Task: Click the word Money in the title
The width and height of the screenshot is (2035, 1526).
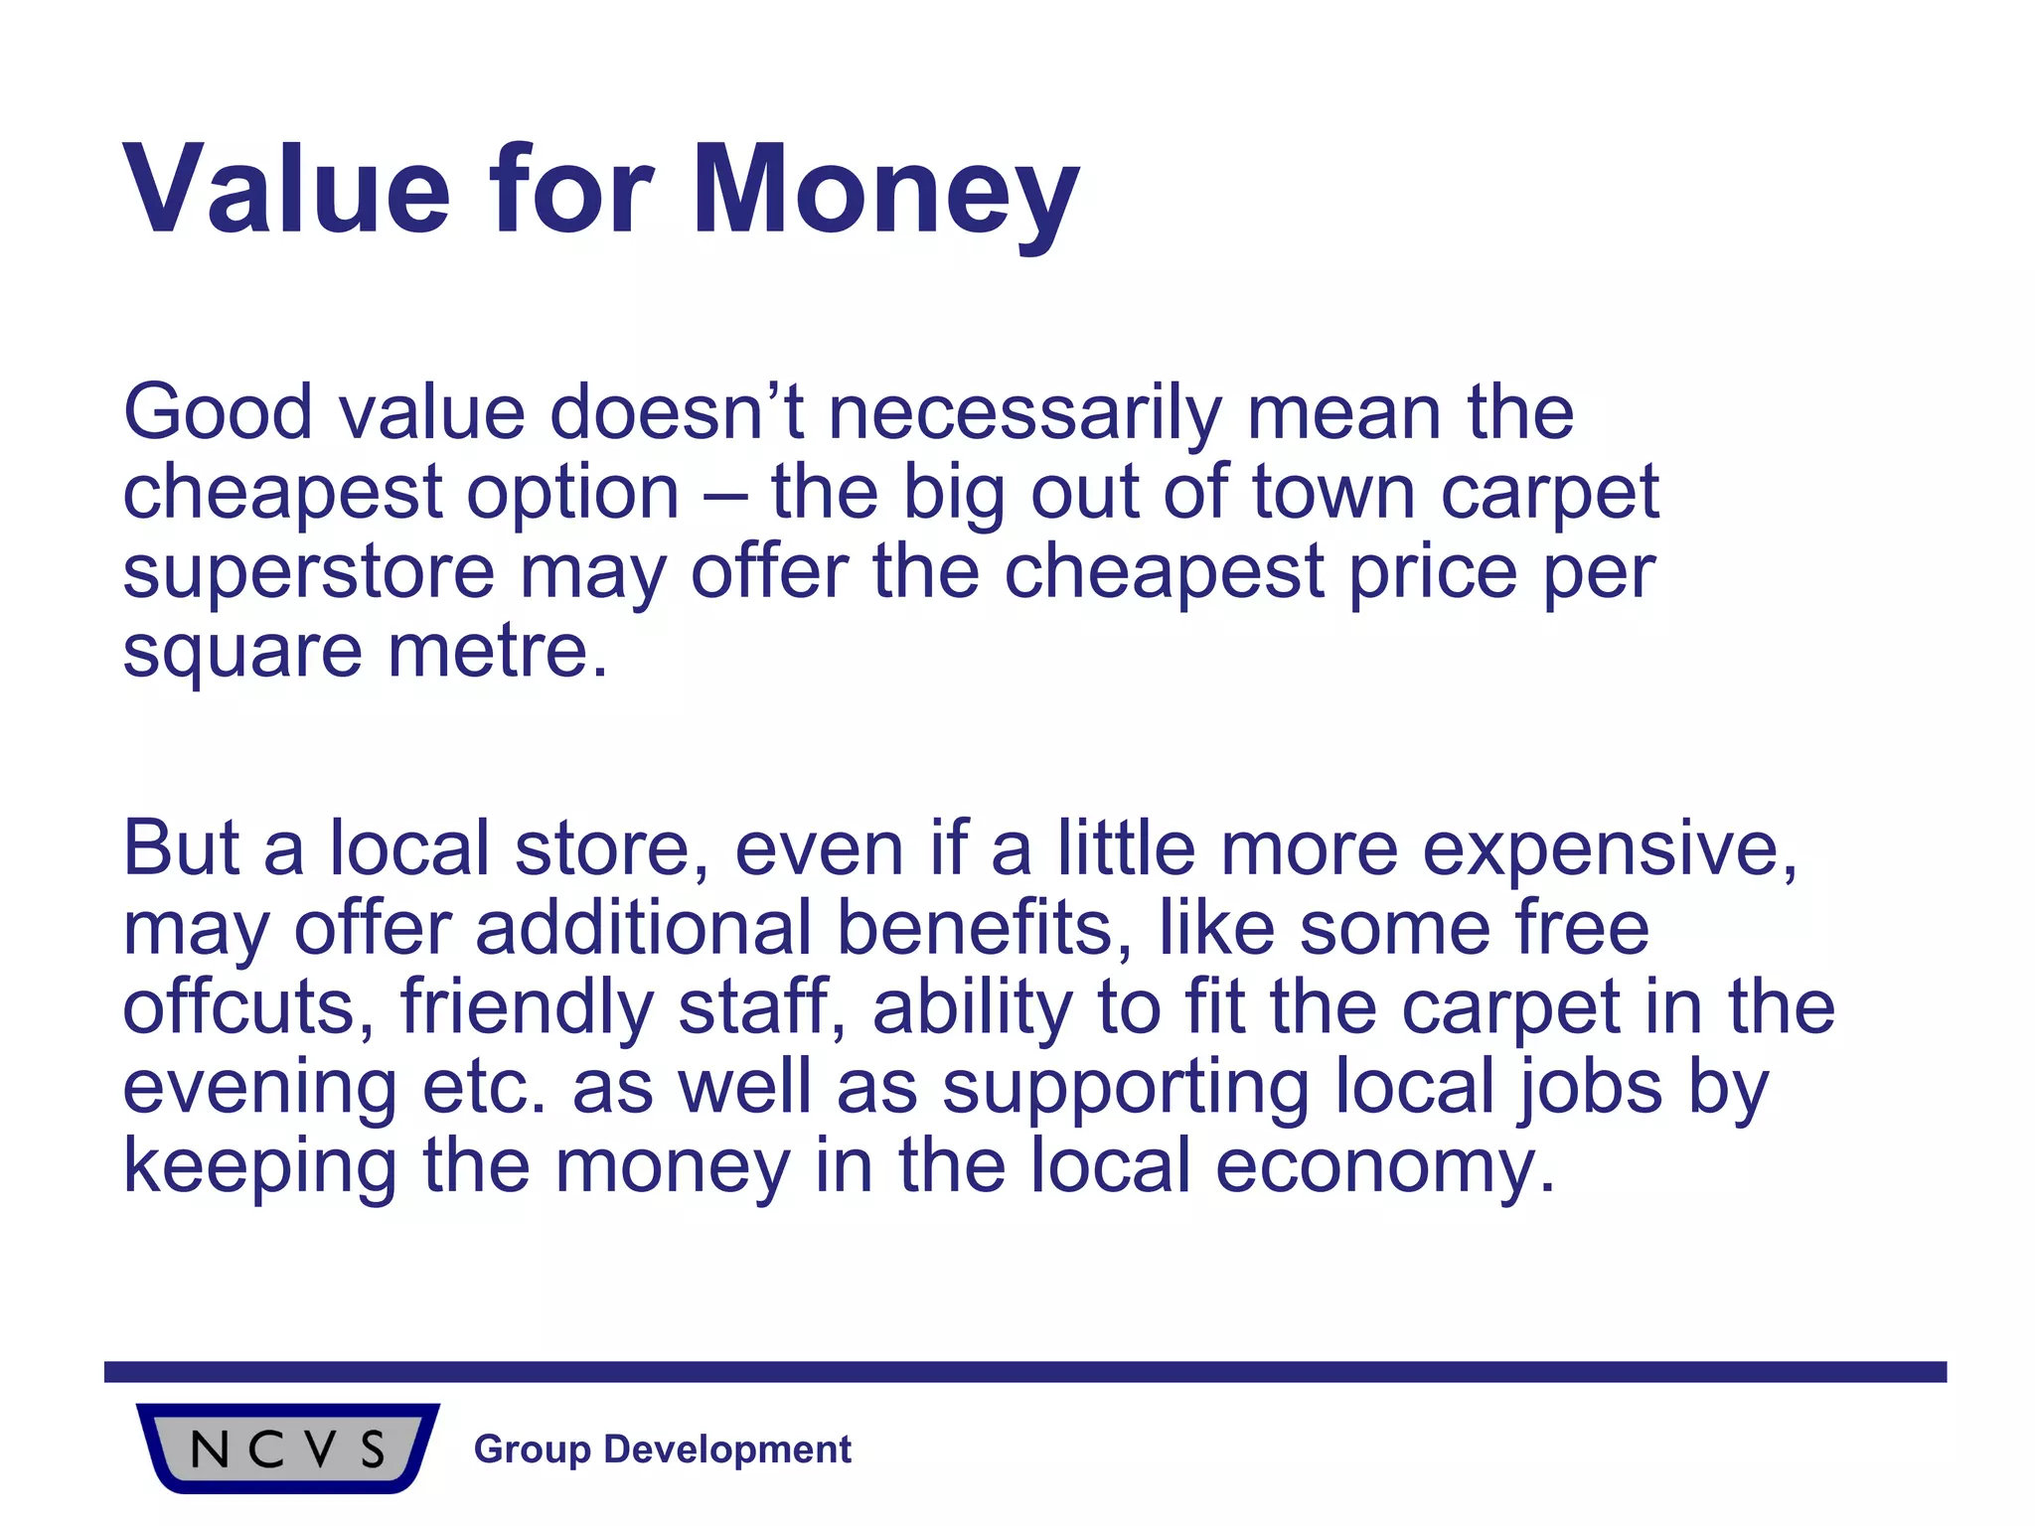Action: (x=885, y=191)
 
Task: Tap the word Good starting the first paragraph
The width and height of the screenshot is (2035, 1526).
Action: (x=218, y=412)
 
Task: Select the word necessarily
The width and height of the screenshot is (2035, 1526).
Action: (x=1024, y=414)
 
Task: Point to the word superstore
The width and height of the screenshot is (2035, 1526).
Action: (x=308, y=573)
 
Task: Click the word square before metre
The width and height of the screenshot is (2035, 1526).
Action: (x=242, y=654)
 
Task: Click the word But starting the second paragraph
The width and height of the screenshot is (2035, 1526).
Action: (x=180, y=848)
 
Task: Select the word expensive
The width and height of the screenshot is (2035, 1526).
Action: (x=1609, y=850)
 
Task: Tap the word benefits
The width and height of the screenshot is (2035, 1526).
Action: (x=984, y=928)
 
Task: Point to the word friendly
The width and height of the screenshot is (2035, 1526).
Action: (x=527, y=1009)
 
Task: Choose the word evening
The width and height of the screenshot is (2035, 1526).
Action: (x=259, y=1089)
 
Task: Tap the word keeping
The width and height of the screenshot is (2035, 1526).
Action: (x=259, y=1168)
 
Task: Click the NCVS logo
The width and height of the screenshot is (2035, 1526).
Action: (x=287, y=1449)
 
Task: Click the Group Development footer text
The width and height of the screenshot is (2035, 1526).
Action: (x=662, y=1450)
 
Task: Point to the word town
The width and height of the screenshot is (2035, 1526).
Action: (x=1332, y=493)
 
